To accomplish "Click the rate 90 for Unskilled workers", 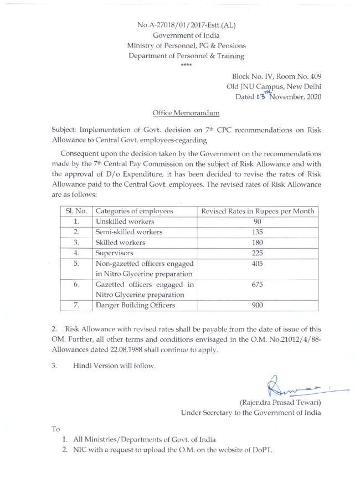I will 258,221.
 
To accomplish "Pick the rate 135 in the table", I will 258,232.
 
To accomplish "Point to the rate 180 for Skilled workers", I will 258,243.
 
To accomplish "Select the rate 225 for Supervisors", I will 258,254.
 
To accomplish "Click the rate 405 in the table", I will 258,264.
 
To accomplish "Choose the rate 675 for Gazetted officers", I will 258,285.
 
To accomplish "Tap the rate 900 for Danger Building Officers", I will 258,305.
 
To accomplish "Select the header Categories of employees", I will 135,210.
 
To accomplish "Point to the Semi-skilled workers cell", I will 129,232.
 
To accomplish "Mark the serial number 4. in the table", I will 76,254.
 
